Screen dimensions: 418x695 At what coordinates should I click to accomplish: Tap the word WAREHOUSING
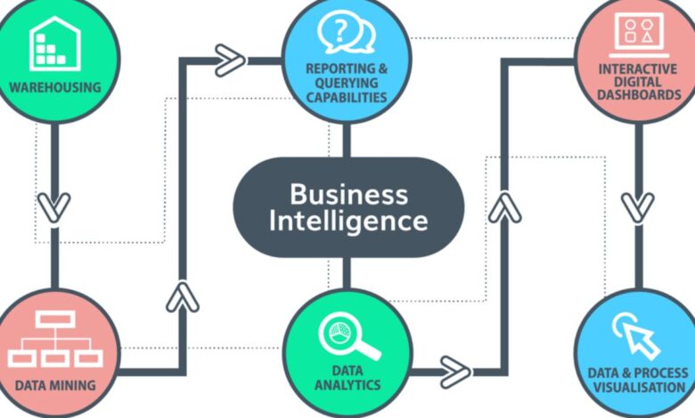53,87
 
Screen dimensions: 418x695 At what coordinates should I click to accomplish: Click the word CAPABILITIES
347,97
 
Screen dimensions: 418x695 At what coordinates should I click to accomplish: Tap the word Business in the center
348,193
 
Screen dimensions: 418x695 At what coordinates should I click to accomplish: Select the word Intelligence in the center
348,220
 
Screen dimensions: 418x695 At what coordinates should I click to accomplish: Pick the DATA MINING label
55,388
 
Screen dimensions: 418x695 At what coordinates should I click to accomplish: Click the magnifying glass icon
348,337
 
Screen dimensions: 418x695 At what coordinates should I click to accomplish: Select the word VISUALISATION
639,388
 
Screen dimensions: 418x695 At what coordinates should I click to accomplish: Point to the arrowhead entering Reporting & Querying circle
230,60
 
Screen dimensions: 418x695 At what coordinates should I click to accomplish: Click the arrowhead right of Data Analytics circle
454,367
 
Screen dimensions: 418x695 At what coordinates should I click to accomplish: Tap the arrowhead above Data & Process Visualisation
638,206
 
